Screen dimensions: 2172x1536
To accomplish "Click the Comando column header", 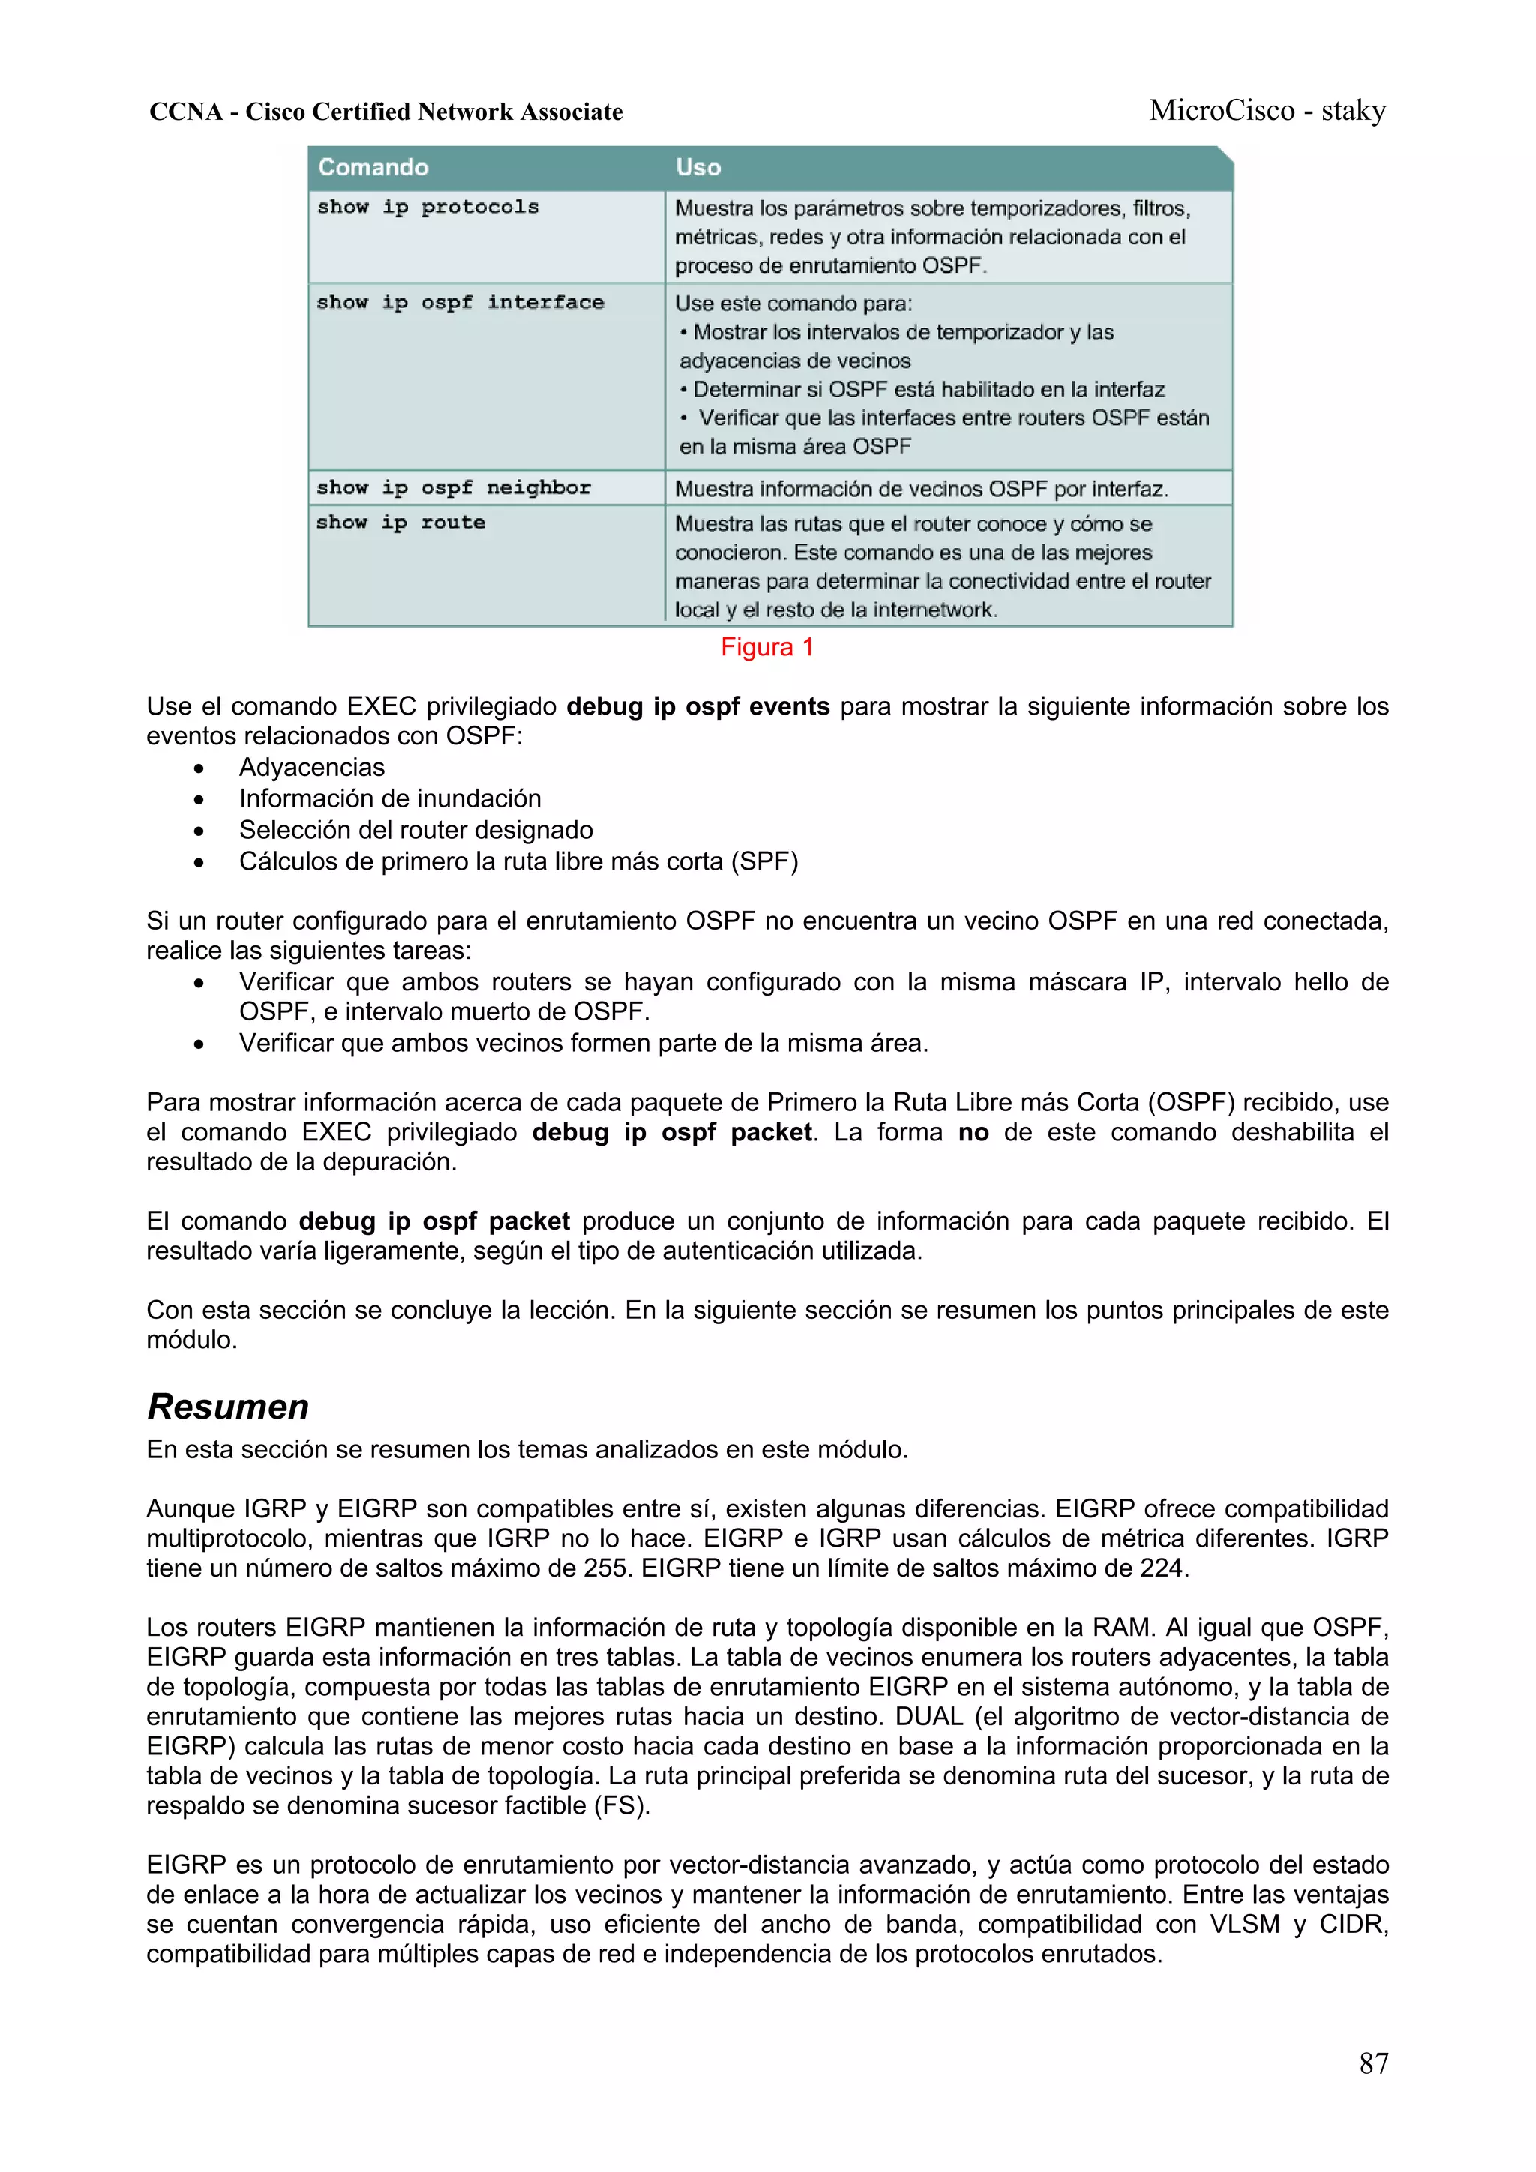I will click(x=373, y=167).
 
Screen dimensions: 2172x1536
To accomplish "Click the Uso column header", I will click(x=697, y=167).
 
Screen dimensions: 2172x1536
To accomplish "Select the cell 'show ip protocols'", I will click(x=427, y=207).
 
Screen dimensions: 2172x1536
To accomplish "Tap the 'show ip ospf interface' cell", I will click(x=460, y=303).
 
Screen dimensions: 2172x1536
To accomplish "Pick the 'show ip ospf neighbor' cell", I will click(x=453, y=488).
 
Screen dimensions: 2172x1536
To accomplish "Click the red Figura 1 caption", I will click(x=766, y=647).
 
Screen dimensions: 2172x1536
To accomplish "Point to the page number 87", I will click(x=1373, y=2063).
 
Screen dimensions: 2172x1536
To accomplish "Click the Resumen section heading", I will click(x=228, y=1406).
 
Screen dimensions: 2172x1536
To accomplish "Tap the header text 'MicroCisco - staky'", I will click(x=1267, y=111).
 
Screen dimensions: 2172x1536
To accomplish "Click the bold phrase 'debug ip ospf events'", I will click(x=697, y=707).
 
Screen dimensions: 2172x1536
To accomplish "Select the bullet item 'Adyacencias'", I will click(x=311, y=767).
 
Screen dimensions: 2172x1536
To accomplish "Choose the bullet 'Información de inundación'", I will click(x=389, y=798).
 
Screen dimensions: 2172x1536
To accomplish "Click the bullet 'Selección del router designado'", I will click(x=415, y=830).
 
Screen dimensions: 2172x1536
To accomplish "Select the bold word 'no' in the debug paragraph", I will click(x=973, y=1132).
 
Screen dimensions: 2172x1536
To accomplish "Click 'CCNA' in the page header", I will click(x=185, y=112).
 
